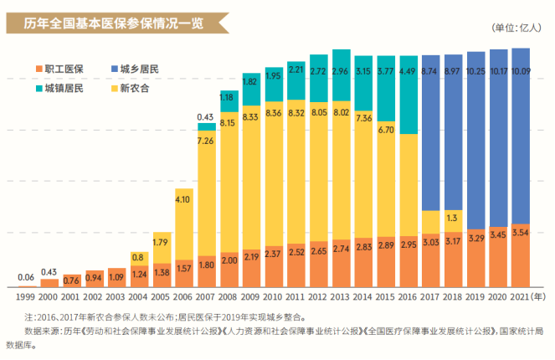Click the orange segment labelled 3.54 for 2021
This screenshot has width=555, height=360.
520,255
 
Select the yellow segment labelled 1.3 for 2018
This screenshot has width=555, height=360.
453,220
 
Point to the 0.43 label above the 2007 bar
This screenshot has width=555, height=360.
205,117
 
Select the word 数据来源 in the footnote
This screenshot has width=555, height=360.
43,332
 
